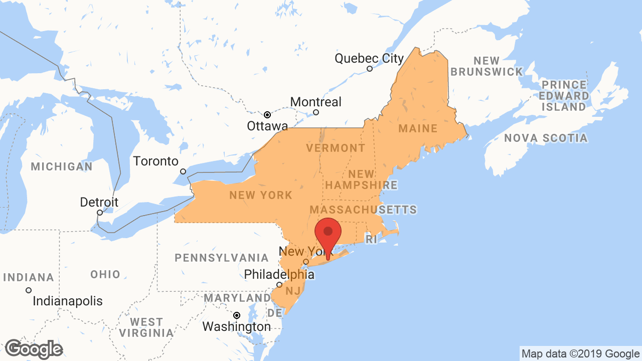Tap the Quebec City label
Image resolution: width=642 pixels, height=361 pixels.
pyautogui.click(x=369, y=59)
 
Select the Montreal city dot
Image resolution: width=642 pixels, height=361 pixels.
pyautogui.click(x=316, y=112)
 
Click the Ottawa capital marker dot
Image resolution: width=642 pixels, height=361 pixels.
pyautogui.click(x=267, y=114)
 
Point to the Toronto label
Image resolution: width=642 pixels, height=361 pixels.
pyautogui.click(x=155, y=161)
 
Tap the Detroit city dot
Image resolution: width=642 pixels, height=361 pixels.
pyautogui.click(x=100, y=213)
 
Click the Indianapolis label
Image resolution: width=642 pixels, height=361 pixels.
pyautogui.click(x=68, y=301)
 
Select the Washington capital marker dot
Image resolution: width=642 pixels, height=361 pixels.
pyautogui.click(x=237, y=315)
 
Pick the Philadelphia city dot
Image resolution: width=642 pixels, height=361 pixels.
pyautogui.click(x=279, y=285)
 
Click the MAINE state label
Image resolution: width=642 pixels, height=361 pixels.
pyautogui.click(x=418, y=129)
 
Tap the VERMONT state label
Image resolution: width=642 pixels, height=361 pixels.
pyautogui.click(x=336, y=148)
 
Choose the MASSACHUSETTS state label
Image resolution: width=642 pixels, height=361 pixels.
pyautogui.click(x=363, y=209)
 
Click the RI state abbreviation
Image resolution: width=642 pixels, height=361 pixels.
pyautogui.click(x=371, y=240)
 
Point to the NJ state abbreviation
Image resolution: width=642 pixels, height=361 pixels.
pyautogui.click(x=292, y=291)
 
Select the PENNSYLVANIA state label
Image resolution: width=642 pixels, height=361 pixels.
pyautogui.click(x=222, y=258)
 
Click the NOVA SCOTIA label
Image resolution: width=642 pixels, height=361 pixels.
pyautogui.click(x=546, y=138)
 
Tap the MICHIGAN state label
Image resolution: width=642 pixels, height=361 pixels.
pyautogui.click(x=62, y=166)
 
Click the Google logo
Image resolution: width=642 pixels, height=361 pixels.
pyautogui.click(x=34, y=349)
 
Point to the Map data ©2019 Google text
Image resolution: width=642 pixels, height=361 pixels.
pyautogui.click(x=580, y=353)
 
